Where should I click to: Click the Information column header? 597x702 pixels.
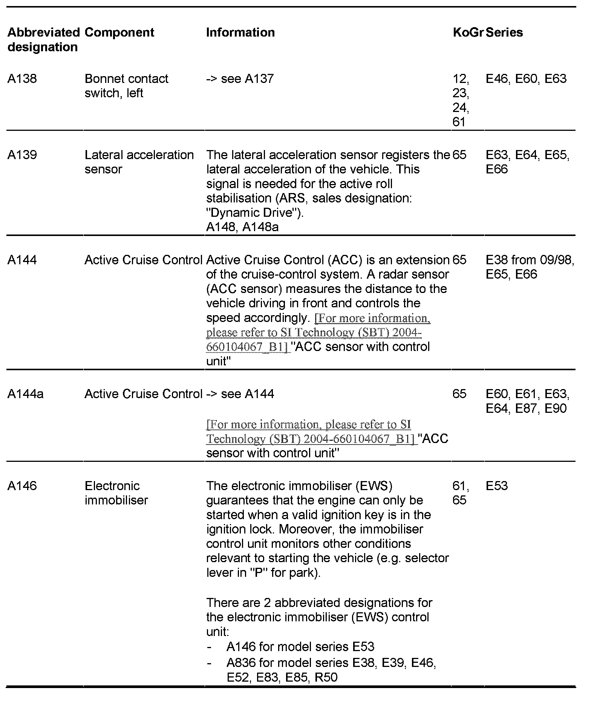coord(240,32)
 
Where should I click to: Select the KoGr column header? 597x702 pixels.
coord(468,32)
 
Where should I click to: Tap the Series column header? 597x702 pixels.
coord(504,32)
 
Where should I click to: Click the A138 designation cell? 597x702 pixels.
coord(22,79)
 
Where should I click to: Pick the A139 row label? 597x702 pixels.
coord(22,155)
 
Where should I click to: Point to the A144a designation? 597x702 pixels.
coord(25,394)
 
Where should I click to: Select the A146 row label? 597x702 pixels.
coord(22,486)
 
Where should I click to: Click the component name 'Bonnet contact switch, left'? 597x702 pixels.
coord(126,86)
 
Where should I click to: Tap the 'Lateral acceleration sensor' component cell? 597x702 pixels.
coord(139,162)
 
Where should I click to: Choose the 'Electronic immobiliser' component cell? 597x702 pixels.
coord(116,493)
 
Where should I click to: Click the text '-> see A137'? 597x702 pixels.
coord(240,79)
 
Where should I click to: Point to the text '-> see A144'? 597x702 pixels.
coord(240,394)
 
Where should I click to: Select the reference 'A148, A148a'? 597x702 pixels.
coord(242,227)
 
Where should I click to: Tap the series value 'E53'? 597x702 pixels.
coord(497,486)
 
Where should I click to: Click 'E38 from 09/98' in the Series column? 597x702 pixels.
coord(530,260)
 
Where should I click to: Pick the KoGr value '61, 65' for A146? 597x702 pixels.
coord(460,493)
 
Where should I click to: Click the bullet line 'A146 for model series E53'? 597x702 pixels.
coord(300,647)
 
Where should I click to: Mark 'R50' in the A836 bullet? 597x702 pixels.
coord(326,677)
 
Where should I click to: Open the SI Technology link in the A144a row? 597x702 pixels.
coord(309,432)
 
